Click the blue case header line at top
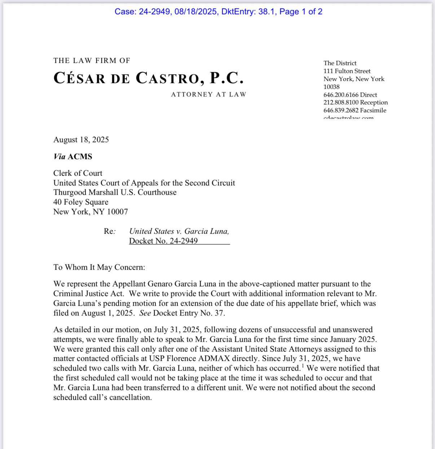[x=218, y=12]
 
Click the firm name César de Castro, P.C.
[x=149, y=78]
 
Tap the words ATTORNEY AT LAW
[x=208, y=94]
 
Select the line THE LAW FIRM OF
[x=92, y=61]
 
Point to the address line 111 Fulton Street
[x=347, y=71]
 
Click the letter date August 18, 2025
[x=81, y=140]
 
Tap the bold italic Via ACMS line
[x=73, y=156]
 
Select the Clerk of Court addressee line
[x=78, y=173]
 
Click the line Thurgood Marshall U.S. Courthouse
[x=115, y=192]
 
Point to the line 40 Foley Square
[x=81, y=202]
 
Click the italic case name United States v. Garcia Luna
[x=179, y=231]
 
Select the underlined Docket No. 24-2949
[x=163, y=241]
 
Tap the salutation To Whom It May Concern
[x=99, y=267]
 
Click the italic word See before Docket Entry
[x=145, y=313]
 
